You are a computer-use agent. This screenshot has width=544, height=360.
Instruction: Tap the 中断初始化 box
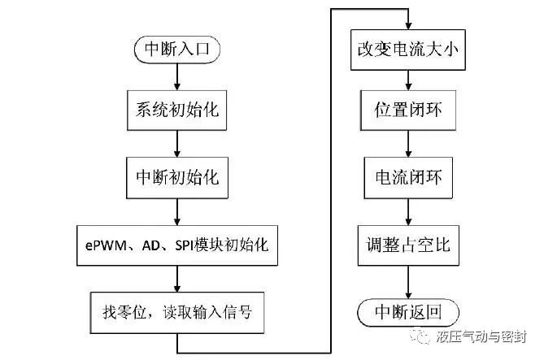176,176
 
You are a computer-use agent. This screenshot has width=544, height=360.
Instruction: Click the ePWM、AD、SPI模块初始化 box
177,243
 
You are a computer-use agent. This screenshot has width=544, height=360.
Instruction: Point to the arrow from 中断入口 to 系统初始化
176,76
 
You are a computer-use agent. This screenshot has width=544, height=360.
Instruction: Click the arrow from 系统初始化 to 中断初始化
176,143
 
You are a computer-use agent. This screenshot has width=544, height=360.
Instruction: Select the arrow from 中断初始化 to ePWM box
176,208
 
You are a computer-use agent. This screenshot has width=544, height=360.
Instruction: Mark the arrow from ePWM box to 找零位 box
176,276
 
